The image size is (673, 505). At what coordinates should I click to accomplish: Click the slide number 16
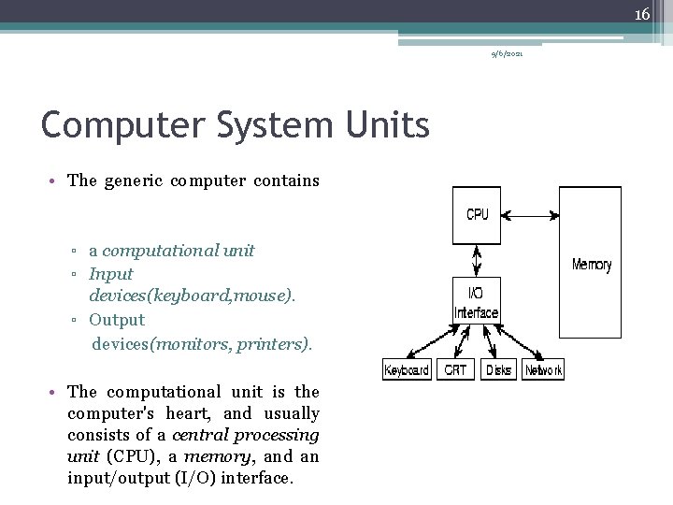642,14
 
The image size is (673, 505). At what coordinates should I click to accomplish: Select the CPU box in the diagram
477,214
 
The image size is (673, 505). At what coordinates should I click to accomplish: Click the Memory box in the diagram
590,262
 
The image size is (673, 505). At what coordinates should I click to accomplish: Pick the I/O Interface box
477,301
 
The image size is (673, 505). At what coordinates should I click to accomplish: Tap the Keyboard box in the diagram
407,370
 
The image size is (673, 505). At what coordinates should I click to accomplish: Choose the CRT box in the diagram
456,370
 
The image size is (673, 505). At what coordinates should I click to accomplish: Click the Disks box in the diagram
498,370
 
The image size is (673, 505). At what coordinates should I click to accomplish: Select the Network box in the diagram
543,370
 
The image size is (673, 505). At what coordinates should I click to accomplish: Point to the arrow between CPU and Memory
530,216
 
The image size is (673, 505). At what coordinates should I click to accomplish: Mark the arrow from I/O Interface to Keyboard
429,342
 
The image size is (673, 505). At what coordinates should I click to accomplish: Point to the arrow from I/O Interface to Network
522,343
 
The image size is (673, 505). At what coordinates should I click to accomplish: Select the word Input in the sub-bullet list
111,274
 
